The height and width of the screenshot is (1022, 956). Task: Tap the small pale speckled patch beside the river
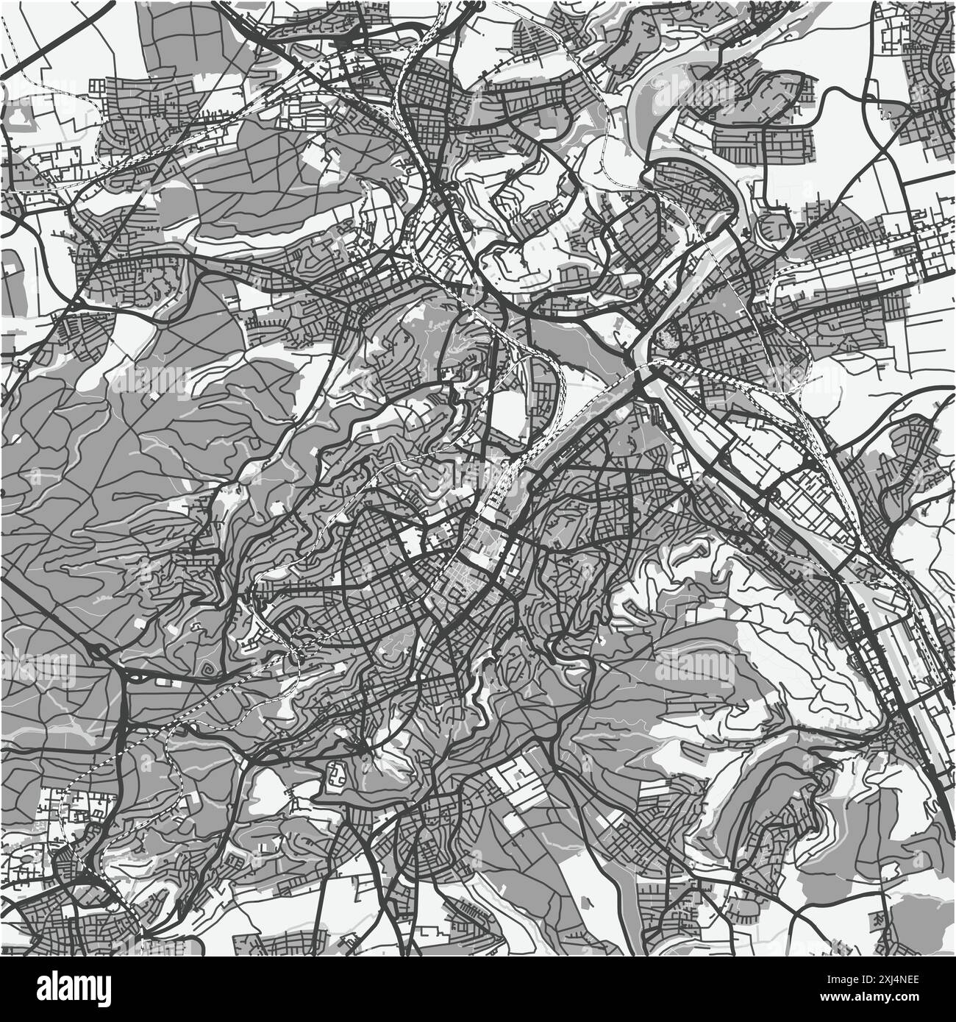click(x=669, y=338)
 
